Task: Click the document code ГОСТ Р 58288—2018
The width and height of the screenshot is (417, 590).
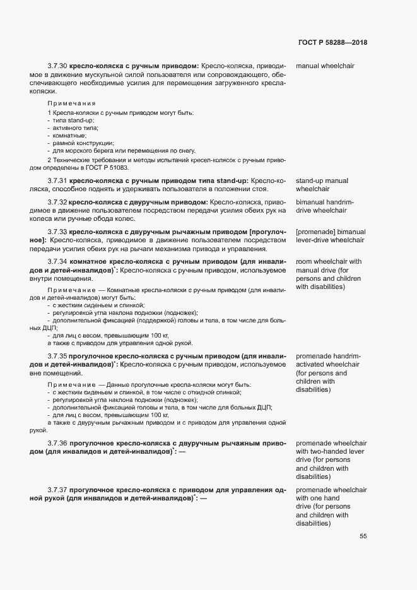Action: coord(332,42)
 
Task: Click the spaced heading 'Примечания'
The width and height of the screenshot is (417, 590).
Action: coord(71,103)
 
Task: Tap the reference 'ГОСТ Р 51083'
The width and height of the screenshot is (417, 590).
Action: coord(109,168)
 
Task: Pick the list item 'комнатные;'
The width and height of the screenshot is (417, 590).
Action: coord(69,136)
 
